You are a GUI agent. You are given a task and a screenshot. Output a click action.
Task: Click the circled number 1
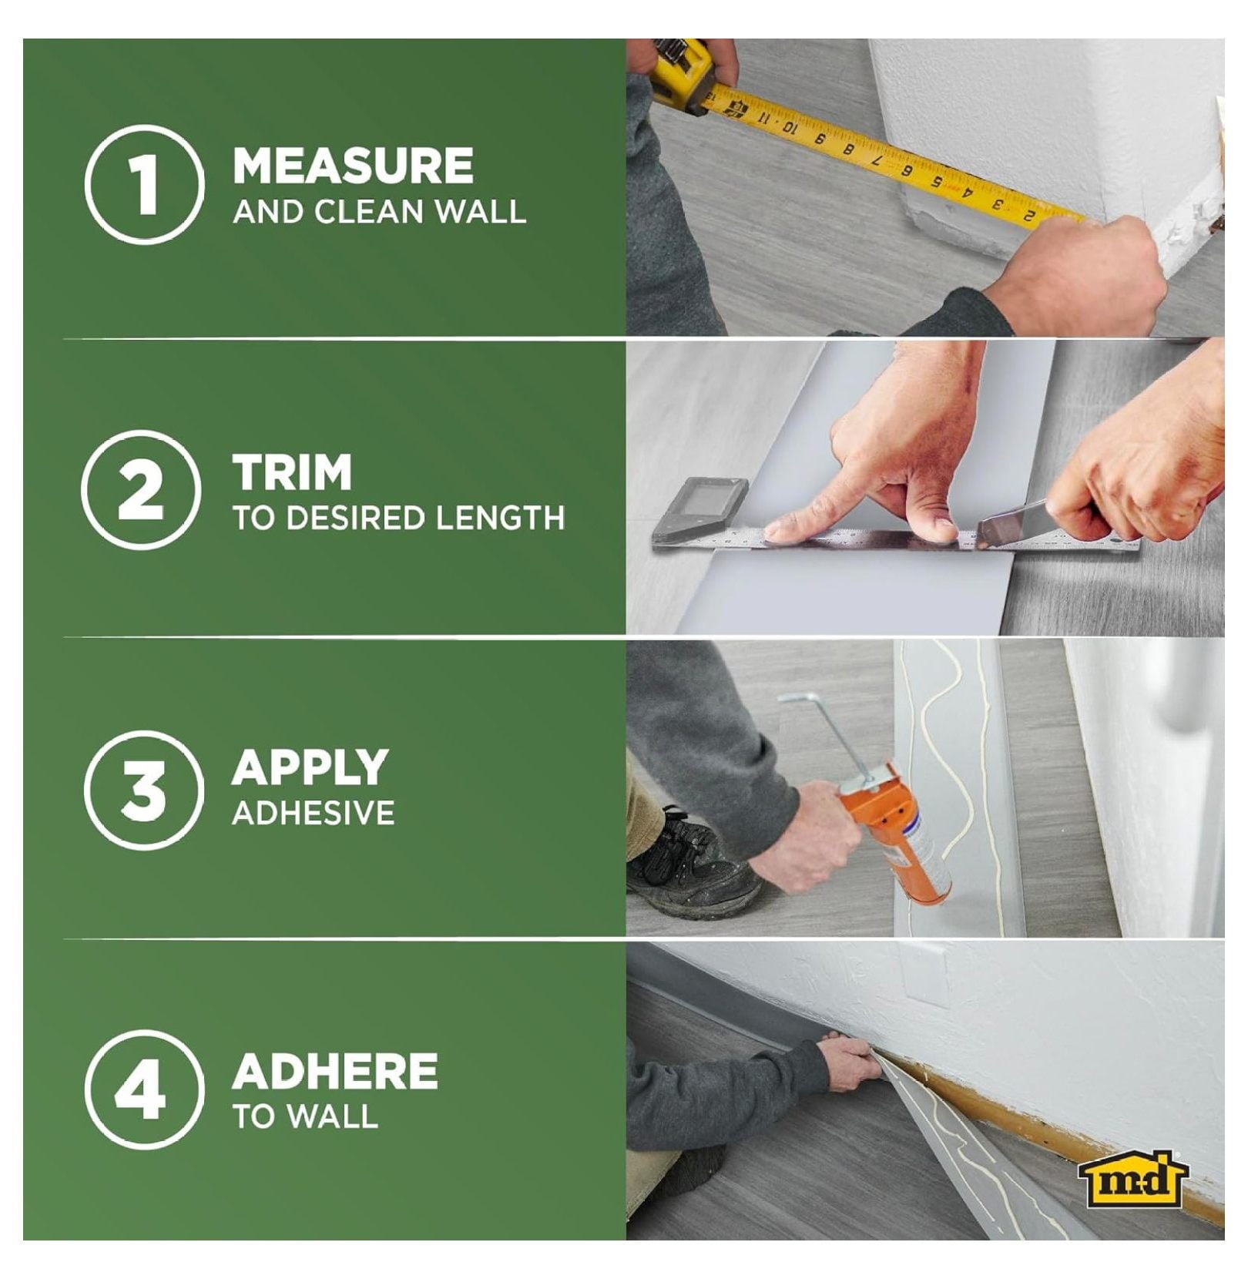(x=144, y=185)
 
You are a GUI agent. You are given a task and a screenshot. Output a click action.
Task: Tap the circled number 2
(x=141, y=489)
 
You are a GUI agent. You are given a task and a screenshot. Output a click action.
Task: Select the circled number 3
(x=144, y=791)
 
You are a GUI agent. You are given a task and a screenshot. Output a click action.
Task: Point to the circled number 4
(x=144, y=1089)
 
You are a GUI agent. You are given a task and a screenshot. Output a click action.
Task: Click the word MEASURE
(x=353, y=166)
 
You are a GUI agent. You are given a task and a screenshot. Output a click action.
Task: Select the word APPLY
(x=310, y=767)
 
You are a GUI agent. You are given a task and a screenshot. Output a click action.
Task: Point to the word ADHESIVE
(x=314, y=814)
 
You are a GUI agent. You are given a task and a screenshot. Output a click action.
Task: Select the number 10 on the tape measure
(x=787, y=126)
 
